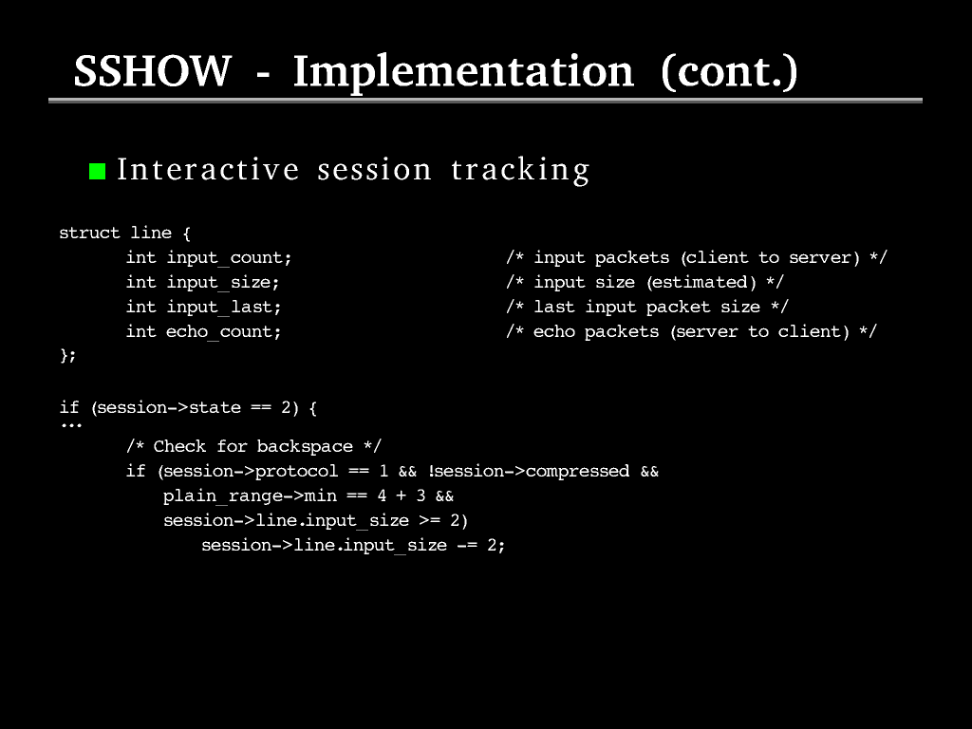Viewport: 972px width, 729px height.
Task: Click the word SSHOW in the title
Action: coord(153,70)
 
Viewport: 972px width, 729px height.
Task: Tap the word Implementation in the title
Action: coord(463,73)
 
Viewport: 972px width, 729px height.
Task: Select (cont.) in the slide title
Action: coord(729,72)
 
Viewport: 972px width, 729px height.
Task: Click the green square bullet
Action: coord(98,171)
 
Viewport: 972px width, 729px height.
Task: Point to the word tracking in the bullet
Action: coord(520,170)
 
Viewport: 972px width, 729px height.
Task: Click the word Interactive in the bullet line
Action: coord(208,169)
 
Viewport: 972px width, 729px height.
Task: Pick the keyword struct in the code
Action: coord(89,233)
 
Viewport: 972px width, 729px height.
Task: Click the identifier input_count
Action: coord(229,257)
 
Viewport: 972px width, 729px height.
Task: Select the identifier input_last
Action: coord(224,307)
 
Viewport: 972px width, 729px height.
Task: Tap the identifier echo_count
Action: coord(223,331)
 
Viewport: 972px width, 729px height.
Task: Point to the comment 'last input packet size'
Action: coord(647,307)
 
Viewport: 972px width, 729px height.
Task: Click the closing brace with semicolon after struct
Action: coord(67,355)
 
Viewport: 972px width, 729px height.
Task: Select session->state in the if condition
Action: coord(169,407)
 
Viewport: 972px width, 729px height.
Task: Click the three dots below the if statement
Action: coord(71,425)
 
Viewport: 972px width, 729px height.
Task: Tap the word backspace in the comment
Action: coord(305,446)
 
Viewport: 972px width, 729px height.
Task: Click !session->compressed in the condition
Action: coord(529,471)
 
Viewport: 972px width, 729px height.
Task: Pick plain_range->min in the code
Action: coord(251,495)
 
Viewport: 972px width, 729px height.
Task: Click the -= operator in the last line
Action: coord(467,546)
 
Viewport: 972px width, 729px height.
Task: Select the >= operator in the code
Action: coord(430,521)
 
